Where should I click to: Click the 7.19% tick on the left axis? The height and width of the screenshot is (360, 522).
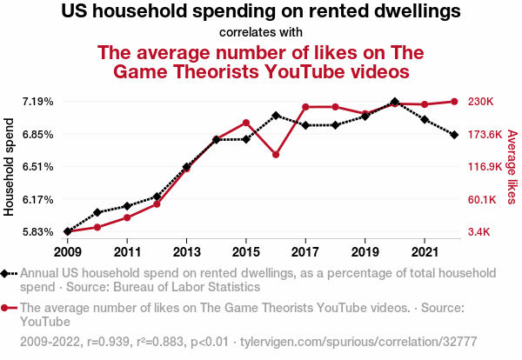(x=38, y=102)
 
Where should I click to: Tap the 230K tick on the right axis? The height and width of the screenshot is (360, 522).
(x=481, y=102)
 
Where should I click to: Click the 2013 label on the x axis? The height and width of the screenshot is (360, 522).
(x=186, y=252)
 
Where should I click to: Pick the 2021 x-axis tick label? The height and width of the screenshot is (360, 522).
(x=424, y=252)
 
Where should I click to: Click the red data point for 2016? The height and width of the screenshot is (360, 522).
(x=276, y=155)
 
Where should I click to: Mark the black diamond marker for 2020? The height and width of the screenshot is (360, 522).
(x=395, y=102)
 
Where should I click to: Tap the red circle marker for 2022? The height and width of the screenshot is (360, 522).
(x=454, y=102)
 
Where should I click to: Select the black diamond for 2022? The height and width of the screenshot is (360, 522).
(x=454, y=135)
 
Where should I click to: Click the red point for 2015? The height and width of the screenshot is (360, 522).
(x=246, y=123)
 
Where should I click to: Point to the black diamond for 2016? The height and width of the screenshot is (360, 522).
(x=276, y=115)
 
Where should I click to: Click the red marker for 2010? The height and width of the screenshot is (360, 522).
(x=97, y=227)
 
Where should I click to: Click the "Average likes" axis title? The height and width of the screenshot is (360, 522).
(x=512, y=168)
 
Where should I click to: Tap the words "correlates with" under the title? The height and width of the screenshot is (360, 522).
(x=260, y=34)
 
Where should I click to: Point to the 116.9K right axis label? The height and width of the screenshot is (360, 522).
(x=484, y=167)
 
